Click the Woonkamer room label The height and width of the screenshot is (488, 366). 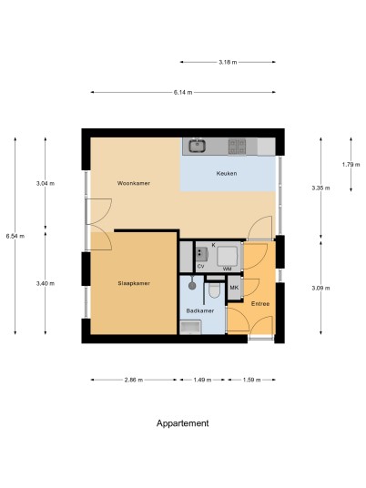pos(134,183)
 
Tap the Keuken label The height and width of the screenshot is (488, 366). pos(227,173)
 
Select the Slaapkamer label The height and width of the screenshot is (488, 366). pos(134,283)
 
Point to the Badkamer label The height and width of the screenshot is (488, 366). pos(200,310)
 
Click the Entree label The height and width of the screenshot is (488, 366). pos(260,304)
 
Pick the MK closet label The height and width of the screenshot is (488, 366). pos(234,288)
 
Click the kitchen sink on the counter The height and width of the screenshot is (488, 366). pos(197,146)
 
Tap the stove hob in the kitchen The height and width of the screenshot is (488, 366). pos(237,147)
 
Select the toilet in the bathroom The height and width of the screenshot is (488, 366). pos(215,290)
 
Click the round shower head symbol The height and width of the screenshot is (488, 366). pos(192,285)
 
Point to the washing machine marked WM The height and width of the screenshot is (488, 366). pos(228,257)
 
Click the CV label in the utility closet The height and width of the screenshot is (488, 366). pos(200,267)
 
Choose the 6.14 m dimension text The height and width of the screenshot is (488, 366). pos(183,92)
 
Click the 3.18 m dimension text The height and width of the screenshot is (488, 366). pos(228,62)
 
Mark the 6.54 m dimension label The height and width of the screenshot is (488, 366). pos(15,236)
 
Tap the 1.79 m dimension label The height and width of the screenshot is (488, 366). pos(351,165)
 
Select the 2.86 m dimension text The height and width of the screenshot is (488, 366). pos(134,380)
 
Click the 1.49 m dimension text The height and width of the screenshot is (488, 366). pos(202,380)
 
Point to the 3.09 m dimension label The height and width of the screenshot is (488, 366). pos(320,289)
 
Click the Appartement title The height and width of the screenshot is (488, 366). pos(183,423)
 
